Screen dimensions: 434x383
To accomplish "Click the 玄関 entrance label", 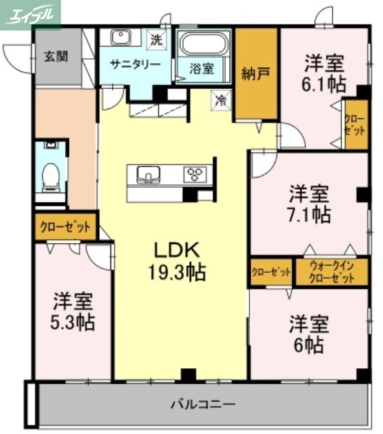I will [x=57, y=57].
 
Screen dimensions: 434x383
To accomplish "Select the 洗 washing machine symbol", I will [x=157, y=40].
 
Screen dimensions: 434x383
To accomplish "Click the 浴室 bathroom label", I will [x=201, y=68].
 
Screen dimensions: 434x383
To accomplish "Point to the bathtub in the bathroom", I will [x=204, y=45].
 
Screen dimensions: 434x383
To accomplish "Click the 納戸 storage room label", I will [x=256, y=74].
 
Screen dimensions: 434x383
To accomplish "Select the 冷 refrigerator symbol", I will [x=221, y=99].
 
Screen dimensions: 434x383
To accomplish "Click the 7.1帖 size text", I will [x=310, y=214].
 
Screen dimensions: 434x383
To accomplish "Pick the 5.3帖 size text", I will [x=73, y=322].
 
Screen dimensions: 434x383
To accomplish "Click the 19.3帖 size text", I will [x=177, y=273].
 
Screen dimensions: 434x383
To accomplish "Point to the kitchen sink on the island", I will [x=148, y=175].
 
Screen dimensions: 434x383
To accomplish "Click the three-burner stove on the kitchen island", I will [x=197, y=175].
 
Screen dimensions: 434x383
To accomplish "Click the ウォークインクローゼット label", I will [x=331, y=273].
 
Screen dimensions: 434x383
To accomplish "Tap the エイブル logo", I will [x=31, y=14].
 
